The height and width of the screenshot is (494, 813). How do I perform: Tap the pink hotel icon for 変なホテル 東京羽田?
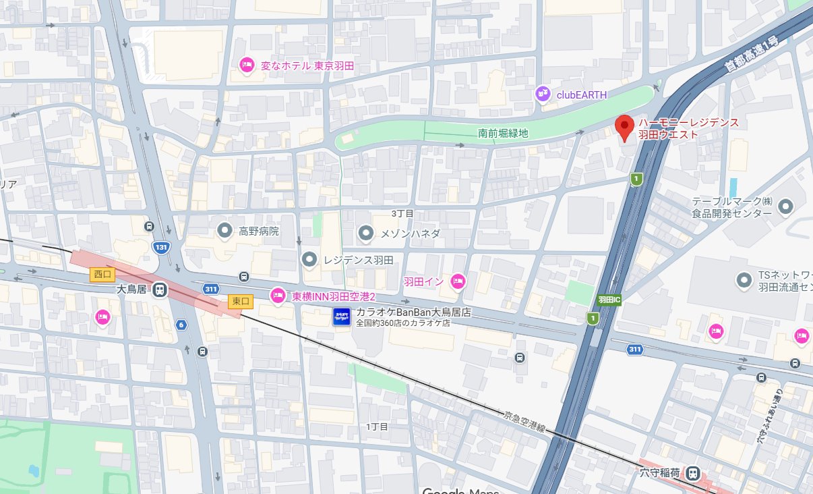pos(247,65)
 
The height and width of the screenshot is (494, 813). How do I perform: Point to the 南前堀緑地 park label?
pos(503,134)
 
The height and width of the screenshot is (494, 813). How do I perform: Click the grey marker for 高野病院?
pos(224,231)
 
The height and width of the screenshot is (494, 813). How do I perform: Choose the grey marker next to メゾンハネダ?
pos(365,234)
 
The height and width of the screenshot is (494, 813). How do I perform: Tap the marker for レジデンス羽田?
pos(309,259)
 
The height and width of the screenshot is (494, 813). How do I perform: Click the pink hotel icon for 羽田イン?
pos(458,281)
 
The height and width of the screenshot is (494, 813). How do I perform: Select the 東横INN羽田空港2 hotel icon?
pos(277,296)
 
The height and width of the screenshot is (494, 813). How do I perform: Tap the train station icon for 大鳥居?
pos(160,289)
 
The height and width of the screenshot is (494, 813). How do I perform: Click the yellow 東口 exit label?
pos(241,301)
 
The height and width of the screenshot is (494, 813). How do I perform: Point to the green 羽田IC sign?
pos(609,300)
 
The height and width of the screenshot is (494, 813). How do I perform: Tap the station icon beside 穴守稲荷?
pos(692,474)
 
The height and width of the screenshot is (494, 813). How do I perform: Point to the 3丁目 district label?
pos(402,213)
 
